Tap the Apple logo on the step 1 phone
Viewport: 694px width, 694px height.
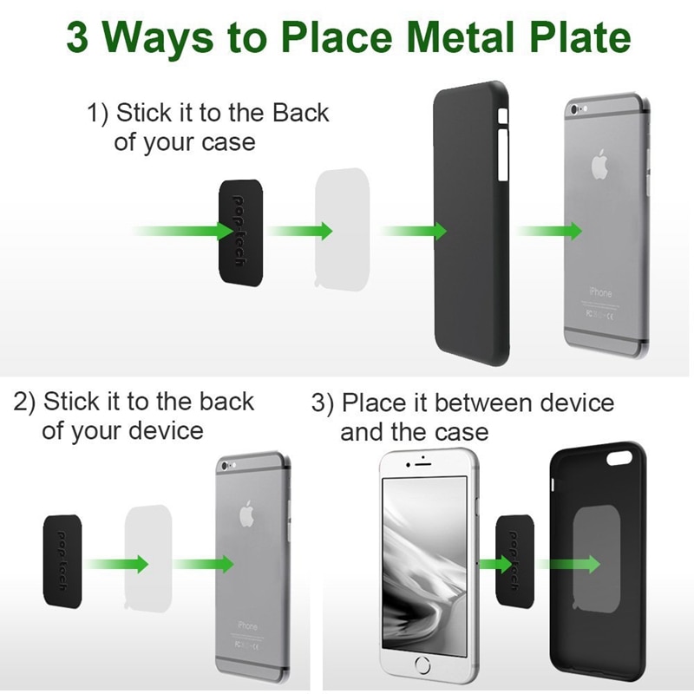(x=599, y=165)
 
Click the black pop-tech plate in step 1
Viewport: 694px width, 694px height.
(x=239, y=230)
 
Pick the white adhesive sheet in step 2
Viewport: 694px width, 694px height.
(x=154, y=560)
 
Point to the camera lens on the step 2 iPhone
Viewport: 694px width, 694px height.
(x=227, y=466)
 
